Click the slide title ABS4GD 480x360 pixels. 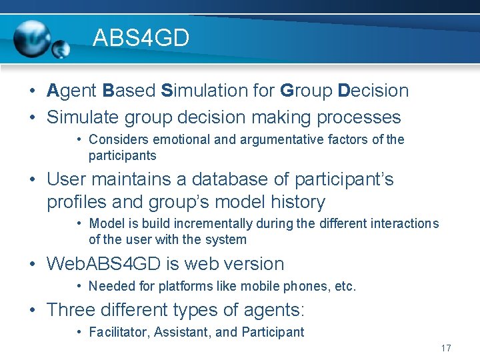click(x=141, y=38)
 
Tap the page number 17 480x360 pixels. click(x=446, y=349)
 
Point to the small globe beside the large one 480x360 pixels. click(x=61, y=49)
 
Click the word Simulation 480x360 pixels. click(x=205, y=91)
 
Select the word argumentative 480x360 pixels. click(x=280, y=139)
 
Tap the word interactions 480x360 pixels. click(x=404, y=223)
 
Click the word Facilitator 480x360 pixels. click(x=118, y=332)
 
